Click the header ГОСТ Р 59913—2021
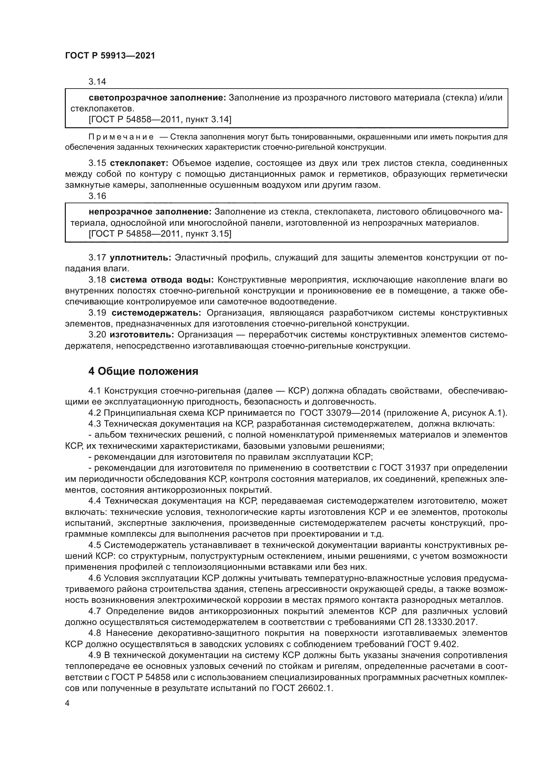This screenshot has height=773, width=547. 110,56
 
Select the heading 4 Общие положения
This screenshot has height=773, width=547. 143,371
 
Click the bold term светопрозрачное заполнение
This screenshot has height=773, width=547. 157,97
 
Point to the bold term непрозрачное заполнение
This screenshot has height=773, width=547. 150,212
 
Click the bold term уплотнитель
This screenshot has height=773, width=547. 141,257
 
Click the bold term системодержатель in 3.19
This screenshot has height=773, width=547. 156,313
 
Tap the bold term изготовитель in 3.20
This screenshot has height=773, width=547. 142,335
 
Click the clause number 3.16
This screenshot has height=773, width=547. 97,196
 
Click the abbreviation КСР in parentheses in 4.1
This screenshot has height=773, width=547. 296,391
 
